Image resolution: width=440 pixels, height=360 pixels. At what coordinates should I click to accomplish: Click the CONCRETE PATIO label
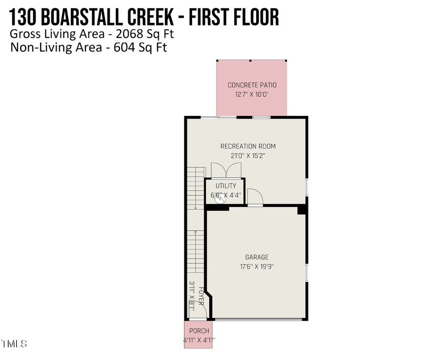pos(252,85)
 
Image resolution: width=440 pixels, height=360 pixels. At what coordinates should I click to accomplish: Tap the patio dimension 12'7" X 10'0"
pos(252,95)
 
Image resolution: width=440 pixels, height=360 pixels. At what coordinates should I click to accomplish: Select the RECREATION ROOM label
pos(248,146)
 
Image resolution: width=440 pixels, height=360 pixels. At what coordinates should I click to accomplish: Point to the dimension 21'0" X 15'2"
pos(248,156)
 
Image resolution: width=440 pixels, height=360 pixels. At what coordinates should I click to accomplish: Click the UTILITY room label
pos(225,186)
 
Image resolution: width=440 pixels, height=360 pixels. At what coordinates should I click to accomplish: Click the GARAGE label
pos(257,257)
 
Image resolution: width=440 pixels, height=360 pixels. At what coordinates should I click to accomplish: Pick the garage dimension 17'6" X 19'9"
pos(257,267)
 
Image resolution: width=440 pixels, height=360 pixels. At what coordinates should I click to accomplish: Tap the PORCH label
pos(199,331)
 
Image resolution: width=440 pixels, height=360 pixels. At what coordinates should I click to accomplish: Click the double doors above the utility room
pos(225,171)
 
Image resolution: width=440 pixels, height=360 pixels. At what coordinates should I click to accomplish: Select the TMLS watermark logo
pos(14,344)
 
